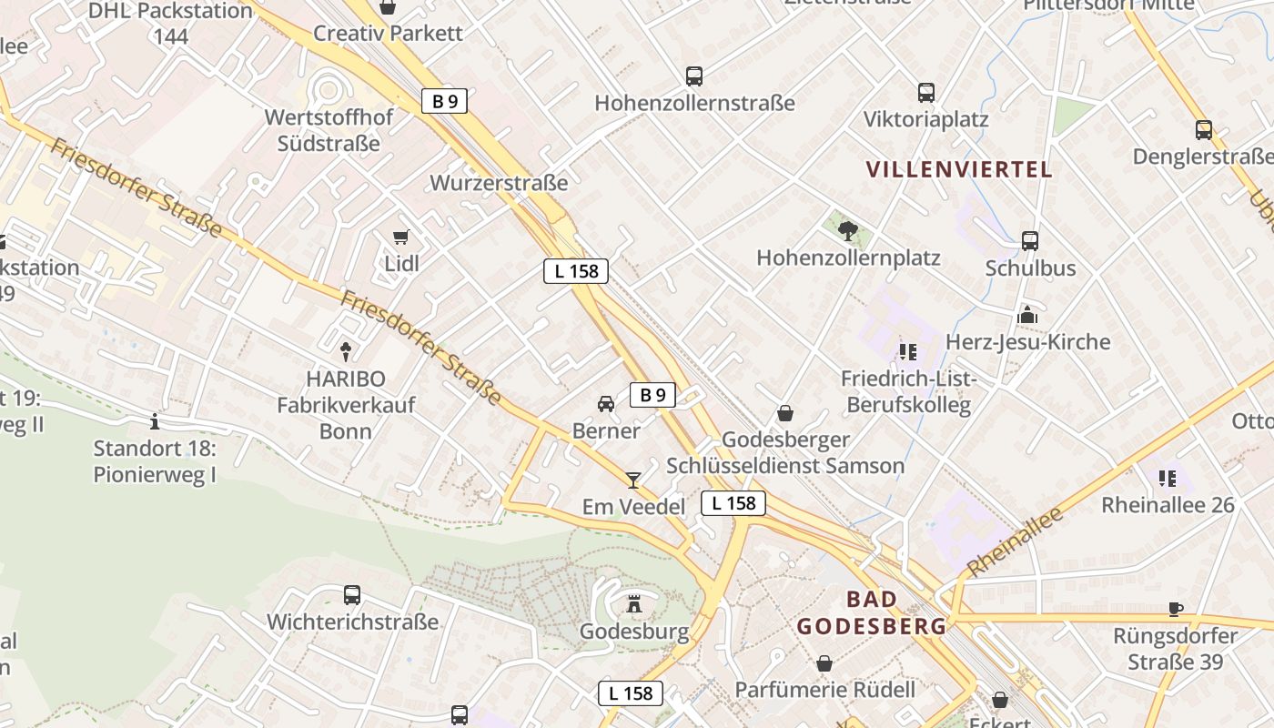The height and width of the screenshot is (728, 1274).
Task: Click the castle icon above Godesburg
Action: [x=634, y=603]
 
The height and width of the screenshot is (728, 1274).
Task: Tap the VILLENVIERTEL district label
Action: [x=959, y=169]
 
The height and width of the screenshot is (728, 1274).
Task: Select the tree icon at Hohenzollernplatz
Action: [x=848, y=230]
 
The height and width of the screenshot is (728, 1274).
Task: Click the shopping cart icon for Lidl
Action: [x=400, y=238]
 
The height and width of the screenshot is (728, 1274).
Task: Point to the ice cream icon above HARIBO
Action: [x=345, y=350]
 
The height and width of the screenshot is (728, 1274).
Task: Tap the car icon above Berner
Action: [x=605, y=403]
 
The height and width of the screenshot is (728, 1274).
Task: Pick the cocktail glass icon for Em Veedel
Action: [x=633, y=480]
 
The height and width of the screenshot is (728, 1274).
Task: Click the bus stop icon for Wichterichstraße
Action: [x=352, y=595]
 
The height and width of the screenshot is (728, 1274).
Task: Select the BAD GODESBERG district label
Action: [x=872, y=612]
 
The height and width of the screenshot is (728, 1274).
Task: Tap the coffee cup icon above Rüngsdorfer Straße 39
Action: [x=1176, y=609]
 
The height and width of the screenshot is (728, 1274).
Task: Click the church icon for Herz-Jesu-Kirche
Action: [x=1028, y=315]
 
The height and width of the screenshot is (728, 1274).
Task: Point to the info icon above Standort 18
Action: [x=155, y=421]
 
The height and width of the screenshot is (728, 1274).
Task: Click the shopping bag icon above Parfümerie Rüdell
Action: [x=824, y=663]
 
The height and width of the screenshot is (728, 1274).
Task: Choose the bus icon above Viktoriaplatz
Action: [x=925, y=92]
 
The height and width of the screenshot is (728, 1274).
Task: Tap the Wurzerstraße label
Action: [x=499, y=183]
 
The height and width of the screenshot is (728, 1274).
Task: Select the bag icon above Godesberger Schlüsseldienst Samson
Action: [x=785, y=414]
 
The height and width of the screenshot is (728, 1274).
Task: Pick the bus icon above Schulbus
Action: [x=1030, y=241]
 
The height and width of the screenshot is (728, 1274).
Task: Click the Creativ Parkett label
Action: [x=388, y=34]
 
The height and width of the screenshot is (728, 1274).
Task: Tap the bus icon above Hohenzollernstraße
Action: [x=694, y=76]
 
